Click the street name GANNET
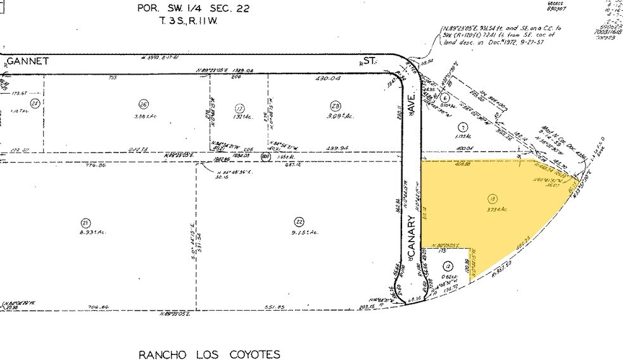28,61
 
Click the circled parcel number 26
143,104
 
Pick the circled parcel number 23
336,104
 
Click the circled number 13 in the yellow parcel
492,199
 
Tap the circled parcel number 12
448,266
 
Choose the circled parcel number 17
239,108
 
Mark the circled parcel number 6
446,98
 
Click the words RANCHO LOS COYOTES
209,354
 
